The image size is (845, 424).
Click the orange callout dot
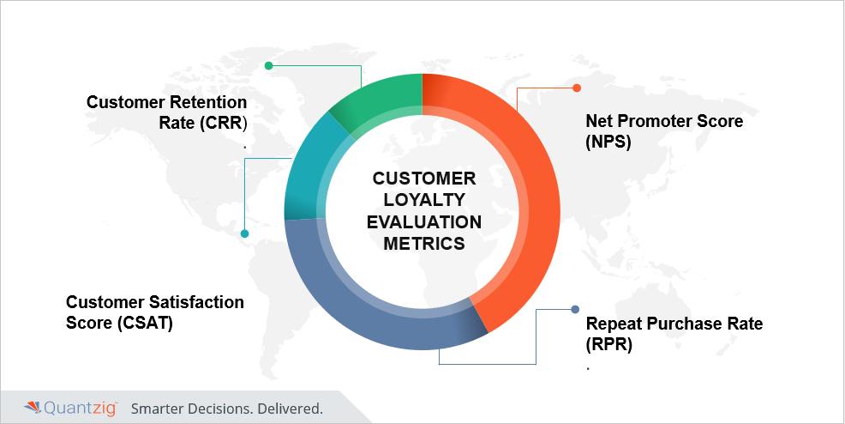(x=577, y=88)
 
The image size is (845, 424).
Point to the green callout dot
(x=268, y=66)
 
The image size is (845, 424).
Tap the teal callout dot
(x=244, y=233)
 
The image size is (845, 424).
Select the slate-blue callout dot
(x=575, y=309)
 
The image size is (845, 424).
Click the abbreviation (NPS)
(x=608, y=142)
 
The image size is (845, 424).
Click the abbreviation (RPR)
(x=609, y=344)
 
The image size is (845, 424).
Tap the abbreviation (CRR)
(x=223, y=123)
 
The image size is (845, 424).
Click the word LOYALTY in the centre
(x=424, y=200)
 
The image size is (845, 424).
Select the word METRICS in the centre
(x=424, y=243)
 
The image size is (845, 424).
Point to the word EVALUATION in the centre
(x=424, y=221)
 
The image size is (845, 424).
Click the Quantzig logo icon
(x=33, y=408)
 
